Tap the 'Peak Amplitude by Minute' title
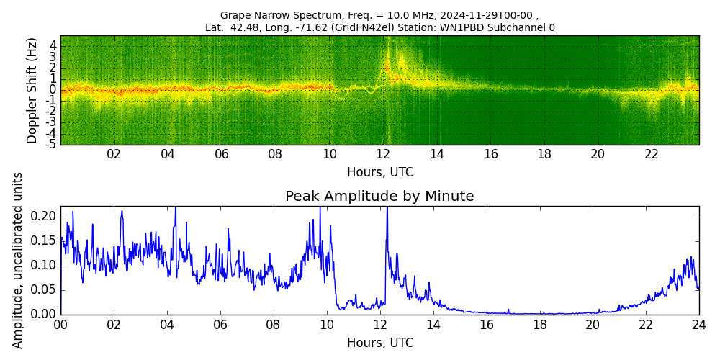[379, 197]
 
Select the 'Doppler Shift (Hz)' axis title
[32, 90]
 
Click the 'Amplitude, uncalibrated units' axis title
[18, 260]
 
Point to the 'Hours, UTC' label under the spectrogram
[379, 173]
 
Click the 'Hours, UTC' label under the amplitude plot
[379, 343]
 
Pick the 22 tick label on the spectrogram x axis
[652, 153]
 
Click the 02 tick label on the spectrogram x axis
[114, 153]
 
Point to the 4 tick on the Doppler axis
[53, 45]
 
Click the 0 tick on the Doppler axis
[53, 89]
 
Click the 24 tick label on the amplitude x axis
[698, 324]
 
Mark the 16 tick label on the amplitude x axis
[486, 324]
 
